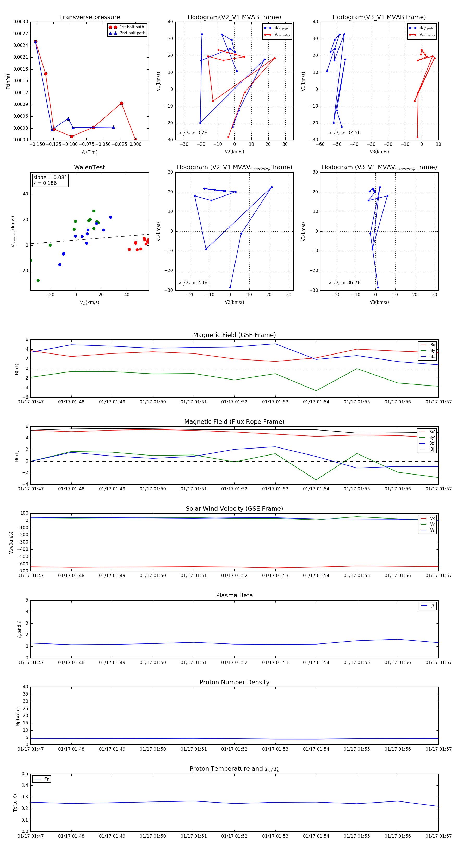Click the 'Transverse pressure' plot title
89,17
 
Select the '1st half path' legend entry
132,27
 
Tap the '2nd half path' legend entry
132,33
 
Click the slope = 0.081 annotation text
50,178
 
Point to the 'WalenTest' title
89,167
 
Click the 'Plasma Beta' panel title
234,595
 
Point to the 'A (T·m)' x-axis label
89,152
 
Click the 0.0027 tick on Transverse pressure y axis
21,34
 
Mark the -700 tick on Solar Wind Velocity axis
23,571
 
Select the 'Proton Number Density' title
234,682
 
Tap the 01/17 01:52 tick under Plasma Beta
234,662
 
